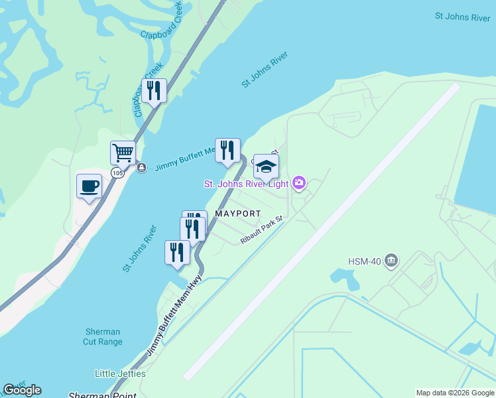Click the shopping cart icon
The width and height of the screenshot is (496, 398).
123,153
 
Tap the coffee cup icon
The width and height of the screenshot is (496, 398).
89,186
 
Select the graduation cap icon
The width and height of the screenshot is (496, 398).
266,166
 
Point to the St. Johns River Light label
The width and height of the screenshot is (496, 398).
246,183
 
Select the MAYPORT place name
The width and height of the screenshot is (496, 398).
237,214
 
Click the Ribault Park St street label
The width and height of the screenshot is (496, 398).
261,230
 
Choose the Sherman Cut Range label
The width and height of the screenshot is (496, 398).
104,337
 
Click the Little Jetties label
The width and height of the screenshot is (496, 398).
120,373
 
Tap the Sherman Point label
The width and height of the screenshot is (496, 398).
102,395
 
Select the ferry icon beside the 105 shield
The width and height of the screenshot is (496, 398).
141,168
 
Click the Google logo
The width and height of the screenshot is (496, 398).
22,390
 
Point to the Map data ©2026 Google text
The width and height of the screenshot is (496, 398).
454,393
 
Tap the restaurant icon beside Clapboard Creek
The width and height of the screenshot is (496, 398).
154,91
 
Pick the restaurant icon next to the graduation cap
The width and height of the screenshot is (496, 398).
227,151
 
